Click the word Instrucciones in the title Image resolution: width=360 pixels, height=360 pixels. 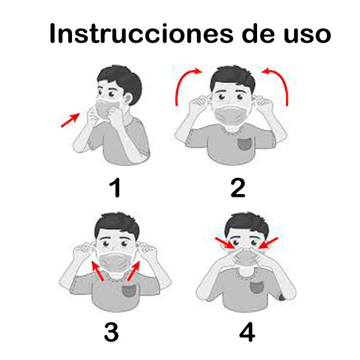pyautogui.click(x=141, y=33)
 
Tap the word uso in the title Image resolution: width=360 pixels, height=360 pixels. pyautogui.click(x=308, y=34)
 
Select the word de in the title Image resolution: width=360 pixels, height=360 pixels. pyautogui.click(x=258, y=33)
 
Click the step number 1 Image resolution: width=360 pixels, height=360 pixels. pyautogui.click(x=115, y=187)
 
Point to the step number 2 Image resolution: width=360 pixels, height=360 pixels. pyautogui.click(x=238, y=187)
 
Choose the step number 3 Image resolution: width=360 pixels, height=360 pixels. pyautogui.click(x=111, y=332)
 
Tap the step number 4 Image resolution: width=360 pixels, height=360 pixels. pyautogui.click(x=247, y=332)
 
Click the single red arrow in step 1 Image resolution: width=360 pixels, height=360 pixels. pyautogui.click(x=70, y=120)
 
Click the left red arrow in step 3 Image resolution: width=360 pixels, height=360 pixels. pyautogui.click(x=97, y=271)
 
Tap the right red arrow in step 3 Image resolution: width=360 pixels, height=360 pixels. pyautogui.click(x=134, y=271)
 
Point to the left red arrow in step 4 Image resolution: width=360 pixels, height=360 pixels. pyautogui.click(x=224, y=243)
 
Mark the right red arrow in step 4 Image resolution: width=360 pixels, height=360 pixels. pyautogui.click(x=268, y=243)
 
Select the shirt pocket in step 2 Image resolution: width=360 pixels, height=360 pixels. pyautogui.click(x=245, y=143)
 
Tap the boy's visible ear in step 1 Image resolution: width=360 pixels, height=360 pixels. pyautogui.click(x=128, y=98)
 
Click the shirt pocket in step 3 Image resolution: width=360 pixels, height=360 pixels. pyautogui.click(x=129, y=291)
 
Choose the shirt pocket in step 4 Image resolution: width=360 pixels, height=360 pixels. pyautogui.click(x=257, y=287)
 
